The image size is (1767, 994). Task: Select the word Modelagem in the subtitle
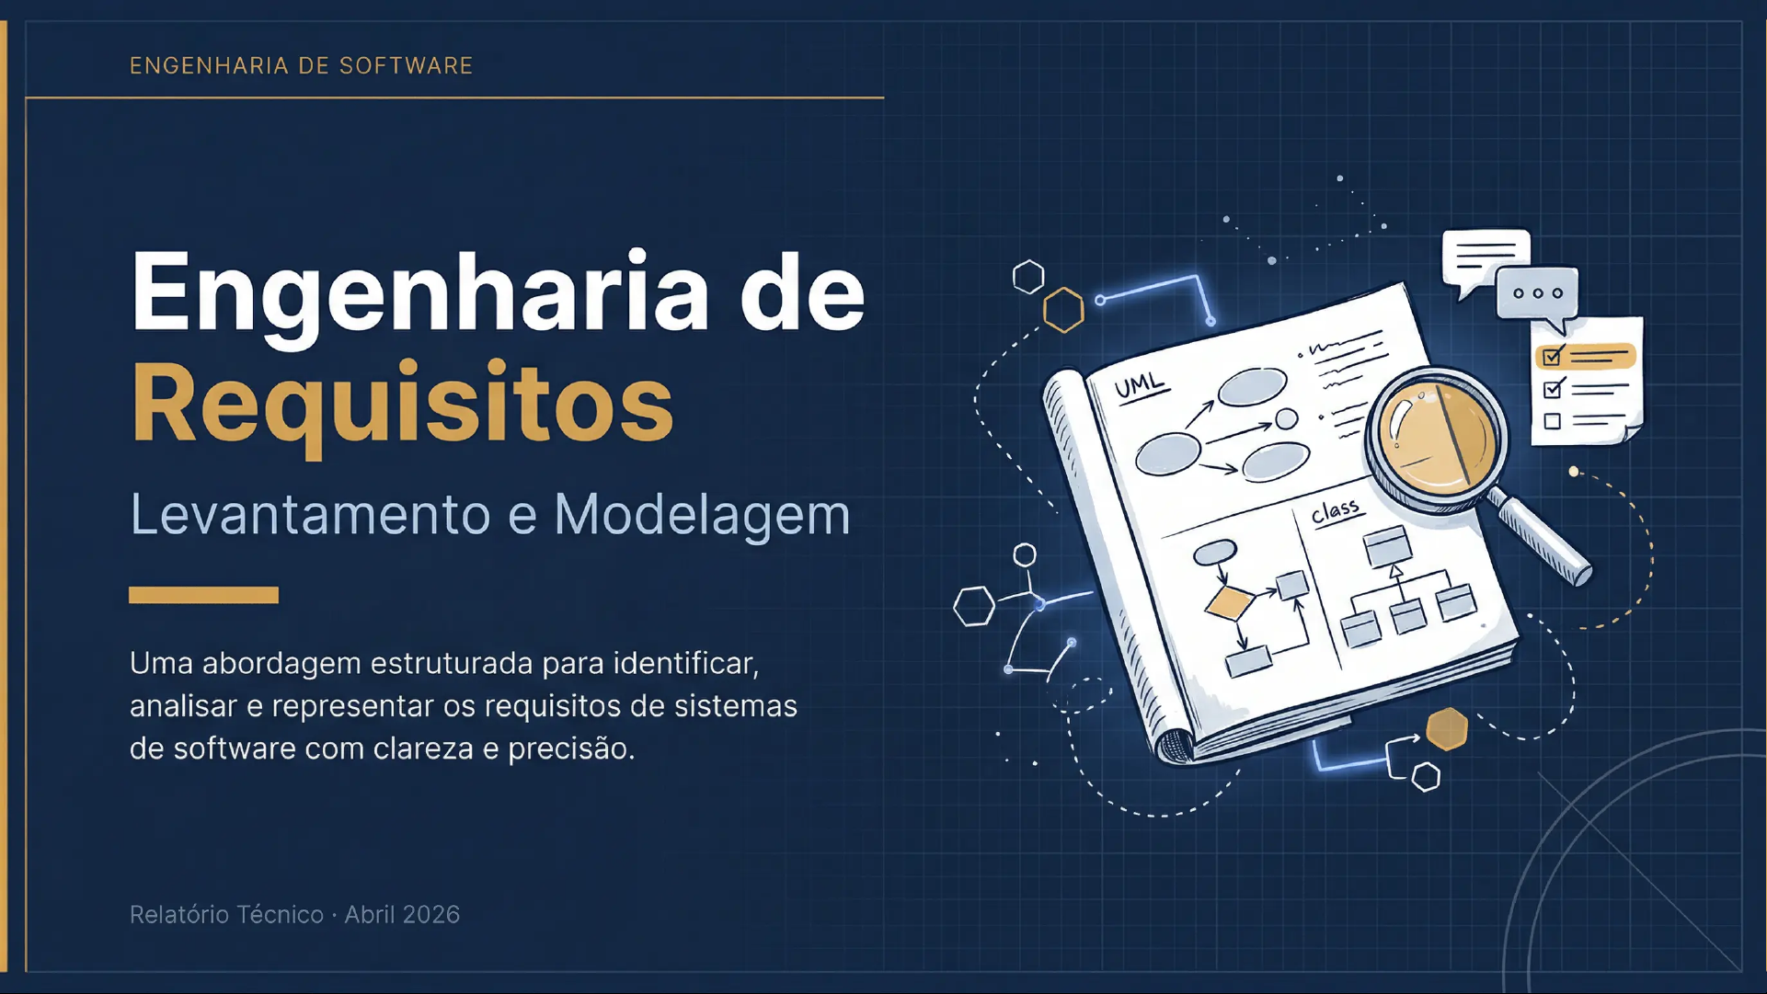(x=702, y=515)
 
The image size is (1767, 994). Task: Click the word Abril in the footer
(x=371, y=915)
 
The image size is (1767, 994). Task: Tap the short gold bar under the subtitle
(x=203, y=595)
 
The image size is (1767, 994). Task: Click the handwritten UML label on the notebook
(x=1141, y=387)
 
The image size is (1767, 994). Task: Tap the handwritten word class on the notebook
(x=1336, y=511)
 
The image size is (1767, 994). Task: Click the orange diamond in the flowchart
(x=1230, y=603)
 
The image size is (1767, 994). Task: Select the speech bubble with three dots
(x=1538, y=297)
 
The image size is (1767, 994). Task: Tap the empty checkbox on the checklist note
(x=1553, y=422)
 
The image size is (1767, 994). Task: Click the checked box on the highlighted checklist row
(x=1553, y=355)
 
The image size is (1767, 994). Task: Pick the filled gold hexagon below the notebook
(x=1447, y=729)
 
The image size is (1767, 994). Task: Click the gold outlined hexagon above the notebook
(x=1063, y=310)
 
